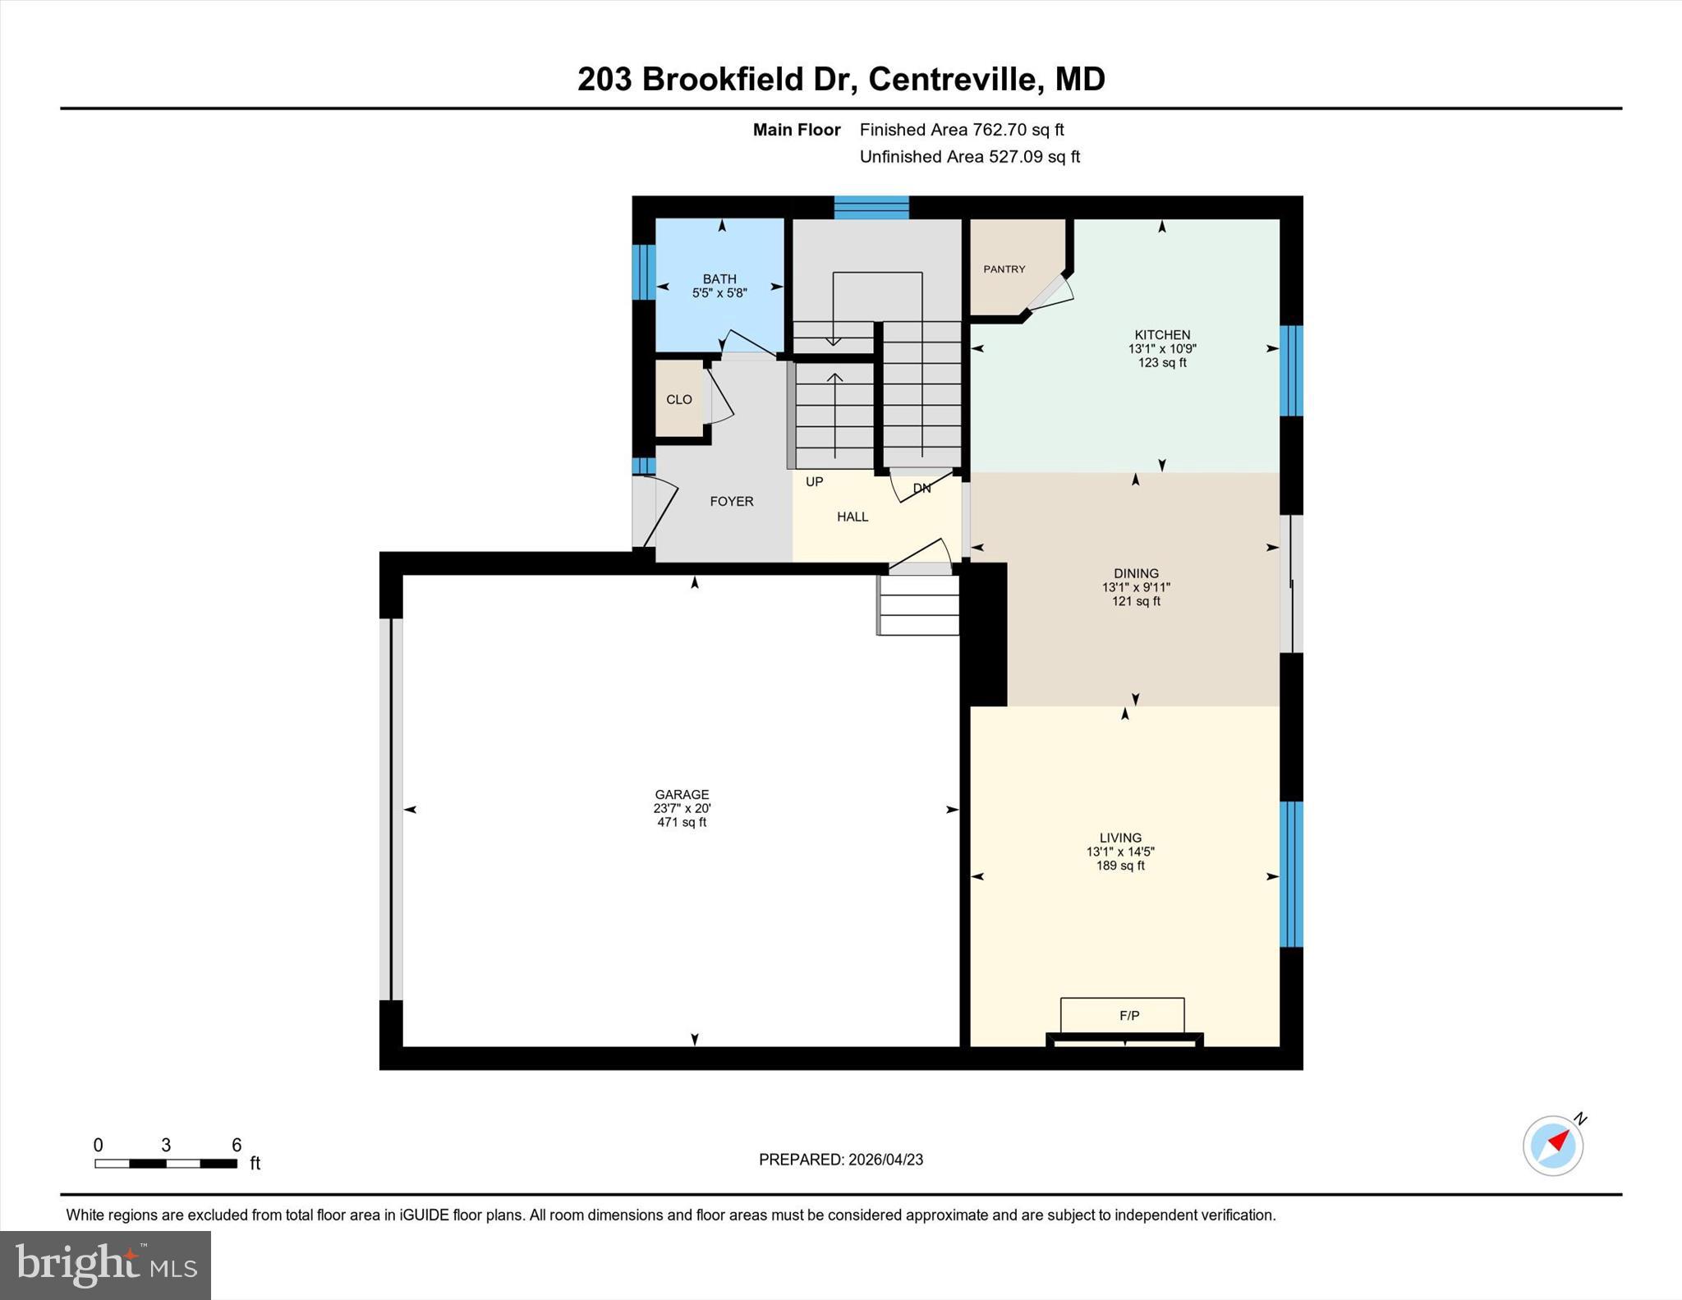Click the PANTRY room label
pyautogui.click(x=1004, y=269)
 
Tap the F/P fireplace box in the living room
pyautogui.click(x=1122, y=1016)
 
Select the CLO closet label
pyautogui.click(x=678, y=400)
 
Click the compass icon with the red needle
pyautogui.click(x=1553, y=1146)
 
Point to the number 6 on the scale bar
pyautogui.click(x=237, y=1145)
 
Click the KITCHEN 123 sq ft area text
pyautogui.click(x=1161, y=362)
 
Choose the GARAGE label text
pyautogui.click(x=682, y=794)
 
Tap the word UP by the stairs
pyautogui.click(x=814, y=482)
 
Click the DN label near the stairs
pyautogui.click(x=921, y=489)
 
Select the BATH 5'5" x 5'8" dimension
pyautogui.click(x=719, y=292)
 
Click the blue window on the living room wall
pyautogui.click(x=1291, y=874)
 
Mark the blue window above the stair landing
pyautogui.click(x=871, y=207)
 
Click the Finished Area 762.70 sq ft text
pyautogui.click(x=961, y=130)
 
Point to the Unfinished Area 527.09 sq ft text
pyautogui.click(x=969, y=157)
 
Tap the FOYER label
pyautogui.click(x=731, y=502)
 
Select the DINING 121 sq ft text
pyautogui.click(x=1136, y=601)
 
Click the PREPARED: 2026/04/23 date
pyautogui.click(x=840, y=1160)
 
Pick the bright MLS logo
pyautogui.click(x=105, y=1265)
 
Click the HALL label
pyautogui.click(x=852, y=517)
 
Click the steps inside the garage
pyautogui.click(x=918, y=605)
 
